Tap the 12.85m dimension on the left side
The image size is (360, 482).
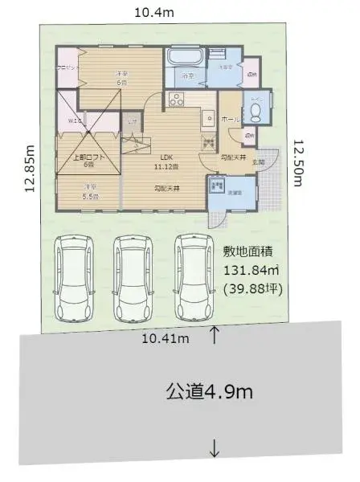point(29,169)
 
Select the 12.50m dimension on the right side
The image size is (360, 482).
point(299,163)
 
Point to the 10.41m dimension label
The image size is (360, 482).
point(165,338)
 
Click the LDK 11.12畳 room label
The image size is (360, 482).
point(166,161)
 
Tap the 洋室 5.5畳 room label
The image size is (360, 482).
point(88,192)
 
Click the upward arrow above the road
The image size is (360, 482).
point(214,334)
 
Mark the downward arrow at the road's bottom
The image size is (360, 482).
point(214,450)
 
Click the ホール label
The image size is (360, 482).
point(227,119)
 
